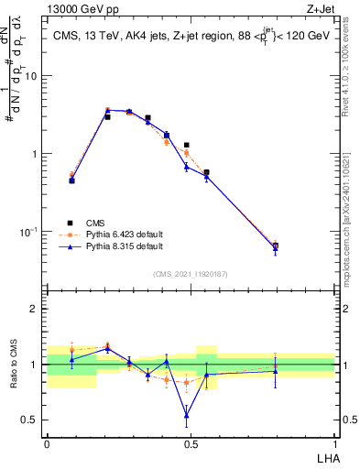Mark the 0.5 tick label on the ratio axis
point(31,420)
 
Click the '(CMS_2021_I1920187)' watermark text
point(190,274)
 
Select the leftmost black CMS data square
point(71,180)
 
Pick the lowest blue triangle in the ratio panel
point(187,415)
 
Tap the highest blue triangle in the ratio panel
point(107,348)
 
